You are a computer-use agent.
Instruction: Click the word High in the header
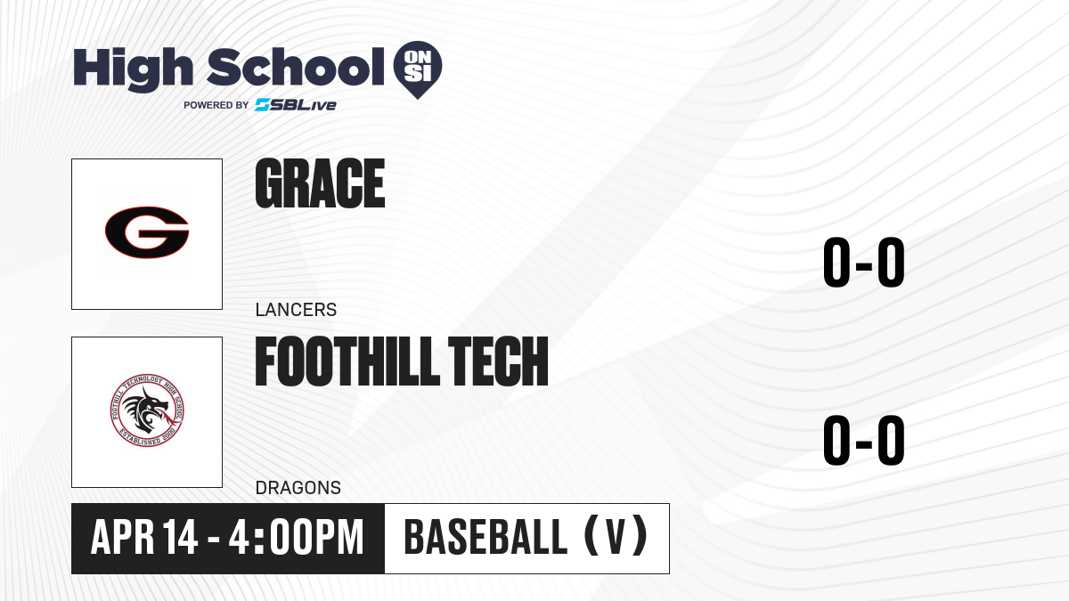133,69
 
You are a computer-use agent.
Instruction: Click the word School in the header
296,67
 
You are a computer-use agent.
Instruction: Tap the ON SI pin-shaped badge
418,69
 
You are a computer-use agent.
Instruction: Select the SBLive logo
296,105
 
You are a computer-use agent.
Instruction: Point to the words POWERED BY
216,105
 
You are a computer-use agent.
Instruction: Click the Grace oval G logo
147,232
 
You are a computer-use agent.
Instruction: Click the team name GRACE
320,183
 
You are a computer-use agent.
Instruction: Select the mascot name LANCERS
296,310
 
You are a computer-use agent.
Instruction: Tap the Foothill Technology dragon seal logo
147,410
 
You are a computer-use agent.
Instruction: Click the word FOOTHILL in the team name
347,361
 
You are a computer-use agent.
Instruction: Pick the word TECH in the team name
498,361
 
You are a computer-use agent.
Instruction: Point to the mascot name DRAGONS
298,488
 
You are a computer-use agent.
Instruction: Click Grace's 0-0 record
864,263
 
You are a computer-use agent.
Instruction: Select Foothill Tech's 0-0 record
864,440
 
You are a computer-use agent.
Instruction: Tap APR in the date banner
122,537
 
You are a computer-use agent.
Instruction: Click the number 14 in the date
180,537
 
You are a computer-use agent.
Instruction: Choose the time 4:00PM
297,537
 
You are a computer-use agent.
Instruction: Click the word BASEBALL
486,537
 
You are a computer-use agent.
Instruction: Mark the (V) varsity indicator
616,537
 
